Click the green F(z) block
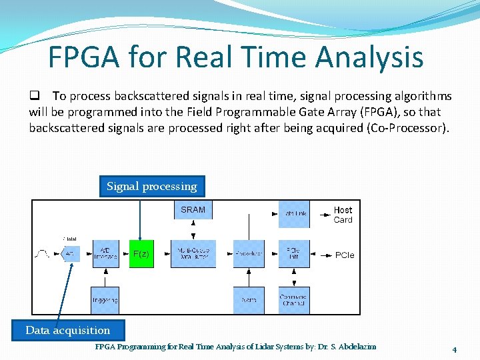(141, 254)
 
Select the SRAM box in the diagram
(193, 210)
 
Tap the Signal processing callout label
(152, 186)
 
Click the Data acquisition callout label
(67, 330)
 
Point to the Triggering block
(105, 300)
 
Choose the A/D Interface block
(105, 254)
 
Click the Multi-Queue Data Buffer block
(193, 254)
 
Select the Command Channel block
(293, 300)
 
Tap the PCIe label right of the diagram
(345, 255)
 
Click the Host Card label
(343, 215)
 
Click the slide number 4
(454, 349)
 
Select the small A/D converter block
(71, 254)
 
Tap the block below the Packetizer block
(249, 300)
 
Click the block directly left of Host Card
(293, 213)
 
